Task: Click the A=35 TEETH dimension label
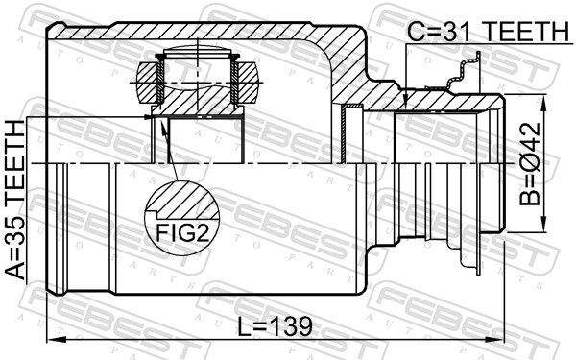click(16, 200)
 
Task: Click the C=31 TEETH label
click(486, 32)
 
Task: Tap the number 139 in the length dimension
click(291, 325)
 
